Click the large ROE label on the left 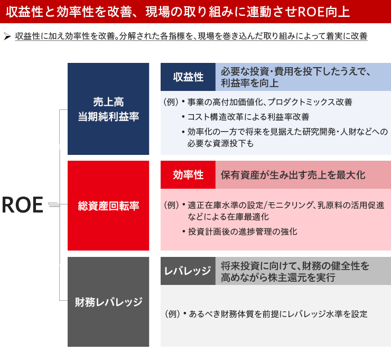(x=23, y=205)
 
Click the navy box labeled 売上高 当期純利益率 (x=108, y=109)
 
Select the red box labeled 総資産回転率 (x=108, y=206)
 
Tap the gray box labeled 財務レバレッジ (x=108, y=302)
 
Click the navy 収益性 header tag (x=188, y=77)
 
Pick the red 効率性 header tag (x=188, y=174)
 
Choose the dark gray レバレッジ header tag (x=188, y=271)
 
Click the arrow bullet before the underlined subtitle (x=7, y=36)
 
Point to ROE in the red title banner (x=311, y=12)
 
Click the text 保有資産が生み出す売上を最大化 (x=293, y=175)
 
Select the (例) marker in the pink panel (x=172, y=205)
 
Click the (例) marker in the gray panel (x=173, y=314)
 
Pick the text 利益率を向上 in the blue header (x=249, y=83)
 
